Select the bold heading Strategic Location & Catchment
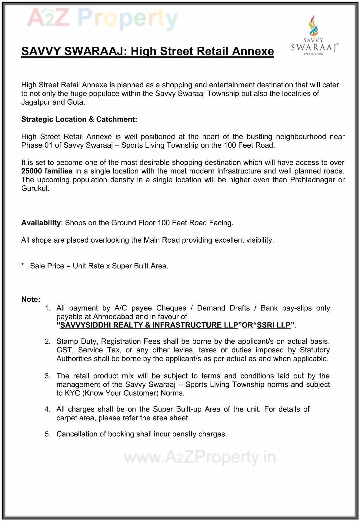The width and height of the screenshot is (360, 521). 79,119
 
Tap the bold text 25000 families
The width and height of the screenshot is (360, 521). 47,171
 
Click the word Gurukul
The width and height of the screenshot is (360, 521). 35,188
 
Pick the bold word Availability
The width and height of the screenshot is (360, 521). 41,223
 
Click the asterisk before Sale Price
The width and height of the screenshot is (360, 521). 23,265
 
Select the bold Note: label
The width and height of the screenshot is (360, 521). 31,300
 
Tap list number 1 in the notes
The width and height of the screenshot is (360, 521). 47,308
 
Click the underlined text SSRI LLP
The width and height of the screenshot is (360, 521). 274,325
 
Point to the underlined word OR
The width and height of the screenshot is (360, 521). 247,325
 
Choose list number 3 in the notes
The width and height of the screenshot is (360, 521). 47,376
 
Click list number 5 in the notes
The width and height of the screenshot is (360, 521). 47,434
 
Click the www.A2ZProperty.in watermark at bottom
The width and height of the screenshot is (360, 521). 200,457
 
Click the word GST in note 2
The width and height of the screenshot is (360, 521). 64,350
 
